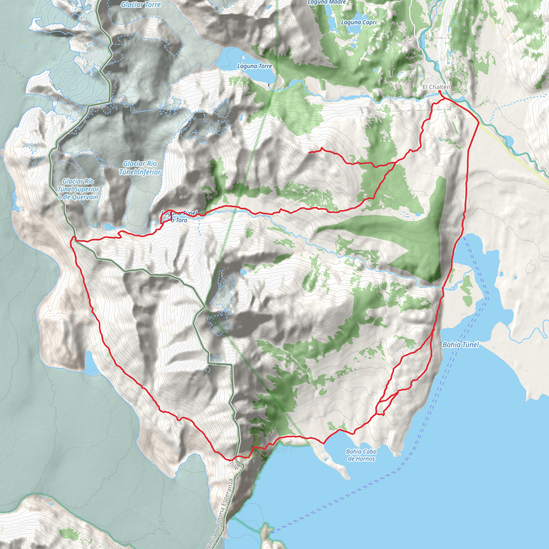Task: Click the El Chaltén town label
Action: point(436,87)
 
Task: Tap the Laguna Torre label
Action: point(255,66)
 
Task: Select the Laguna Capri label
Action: point(359,23)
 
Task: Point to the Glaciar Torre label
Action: point(141,5)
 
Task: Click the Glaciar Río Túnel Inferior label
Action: point(140,168)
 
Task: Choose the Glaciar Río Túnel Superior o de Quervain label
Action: point(78,189)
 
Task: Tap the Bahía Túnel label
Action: point(461,345)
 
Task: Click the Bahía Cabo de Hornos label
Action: point(361,455)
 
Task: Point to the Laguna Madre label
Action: point(327,2)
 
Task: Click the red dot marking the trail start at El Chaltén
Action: point(439,91)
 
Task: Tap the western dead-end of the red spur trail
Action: point(309,153)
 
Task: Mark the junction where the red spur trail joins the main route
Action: point(396,162)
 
